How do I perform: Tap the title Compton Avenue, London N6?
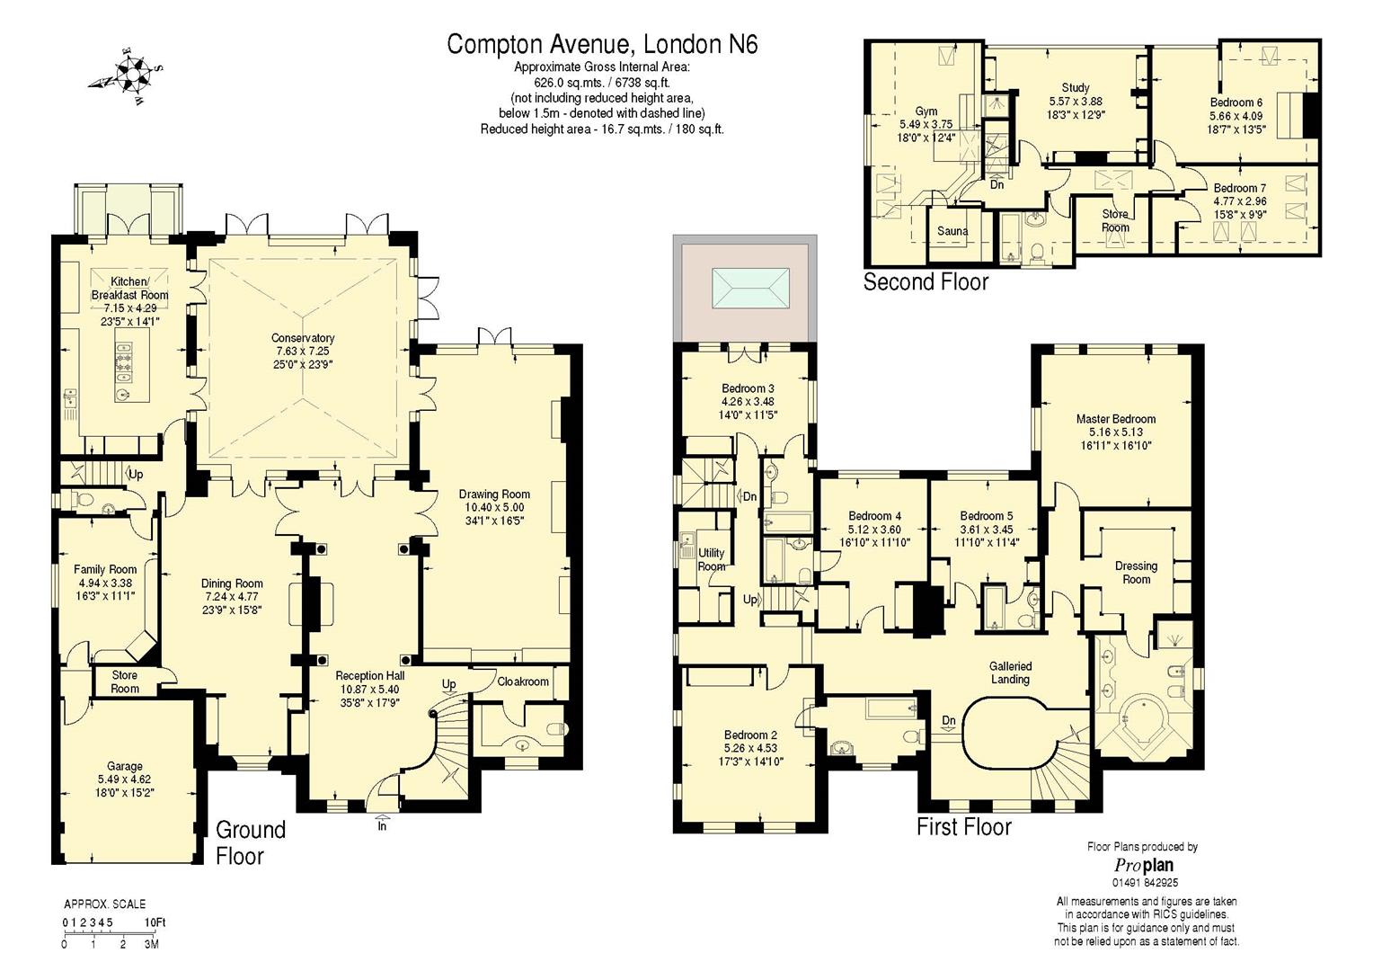tap(602, 44)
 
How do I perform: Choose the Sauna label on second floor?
tap(952, 231)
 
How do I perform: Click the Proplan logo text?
tap(1143, 865)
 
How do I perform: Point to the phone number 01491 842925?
tap(1144, 883)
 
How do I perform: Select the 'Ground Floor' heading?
tap(250, 842)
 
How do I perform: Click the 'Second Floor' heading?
tap(926, 282)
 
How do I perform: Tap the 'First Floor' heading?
tap(963, 827)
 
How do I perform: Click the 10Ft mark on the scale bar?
tap(155, 922)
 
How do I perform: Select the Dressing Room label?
tap(1136, 573)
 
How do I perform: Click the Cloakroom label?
tap(523, 681)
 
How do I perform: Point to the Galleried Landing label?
tap(1010, 673)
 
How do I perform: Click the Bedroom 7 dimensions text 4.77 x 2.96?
tap(1239, 201)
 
